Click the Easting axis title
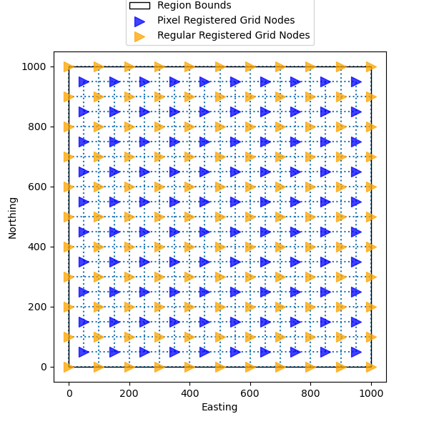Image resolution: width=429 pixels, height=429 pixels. [x=220, y=408]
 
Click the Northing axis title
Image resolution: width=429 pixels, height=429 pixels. [x=13, y=217]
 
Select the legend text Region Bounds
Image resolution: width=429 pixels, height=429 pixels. [x=194, y=6]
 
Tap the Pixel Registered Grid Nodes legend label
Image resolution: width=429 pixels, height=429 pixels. [x=226, y=20]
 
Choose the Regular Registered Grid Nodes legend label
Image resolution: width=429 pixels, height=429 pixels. [x=233, y=35]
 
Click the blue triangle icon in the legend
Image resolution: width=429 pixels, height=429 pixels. [x=139, y=21]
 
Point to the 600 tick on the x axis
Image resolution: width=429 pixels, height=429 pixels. [x=250, y=382]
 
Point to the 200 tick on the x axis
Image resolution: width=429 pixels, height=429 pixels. [x=129, y=382]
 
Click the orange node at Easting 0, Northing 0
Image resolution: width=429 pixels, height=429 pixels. [x=69, y=367]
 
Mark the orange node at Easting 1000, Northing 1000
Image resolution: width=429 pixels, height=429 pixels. [x=371, y=66]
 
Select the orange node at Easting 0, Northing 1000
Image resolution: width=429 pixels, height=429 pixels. [x=69, y=66]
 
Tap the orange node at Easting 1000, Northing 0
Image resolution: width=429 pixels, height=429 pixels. [x=371, y=367]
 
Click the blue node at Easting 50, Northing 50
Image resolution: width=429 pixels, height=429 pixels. [x=84, y=352]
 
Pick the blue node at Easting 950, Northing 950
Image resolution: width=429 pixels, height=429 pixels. [x=356, y=82]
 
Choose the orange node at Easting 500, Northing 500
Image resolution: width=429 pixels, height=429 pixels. [x=220, y=217]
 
